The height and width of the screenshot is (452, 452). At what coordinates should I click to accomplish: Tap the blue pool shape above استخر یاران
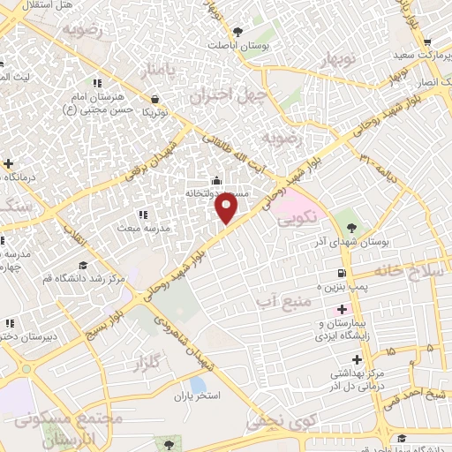coord(199,385)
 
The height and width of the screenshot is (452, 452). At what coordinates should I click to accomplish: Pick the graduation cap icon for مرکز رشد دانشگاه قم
coord(82,266)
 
